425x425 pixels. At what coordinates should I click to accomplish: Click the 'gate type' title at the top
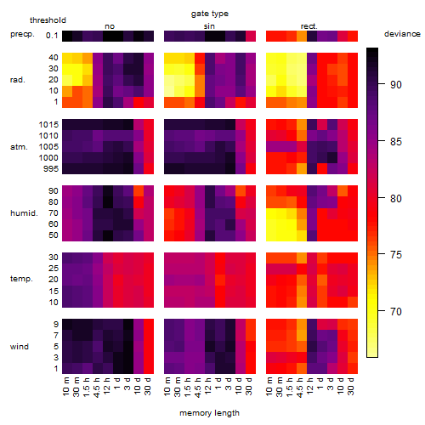[210, 14]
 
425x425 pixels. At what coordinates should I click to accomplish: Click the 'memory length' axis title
[209, 413]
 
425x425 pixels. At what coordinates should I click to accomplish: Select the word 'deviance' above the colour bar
[402, 34]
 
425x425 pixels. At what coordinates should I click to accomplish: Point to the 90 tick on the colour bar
[382, 84]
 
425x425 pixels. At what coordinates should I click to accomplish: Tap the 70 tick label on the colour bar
[396, 312]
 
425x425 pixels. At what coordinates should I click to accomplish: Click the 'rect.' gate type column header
[309, 26]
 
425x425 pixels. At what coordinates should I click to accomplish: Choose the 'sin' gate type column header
[209, 26]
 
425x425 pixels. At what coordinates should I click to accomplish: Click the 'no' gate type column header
[110, 26]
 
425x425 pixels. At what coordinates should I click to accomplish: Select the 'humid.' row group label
[24, 213]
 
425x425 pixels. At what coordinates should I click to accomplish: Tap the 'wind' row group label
[20, 347]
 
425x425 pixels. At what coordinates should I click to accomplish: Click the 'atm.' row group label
[19, 147]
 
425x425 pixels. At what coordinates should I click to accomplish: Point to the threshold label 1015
[48, 125]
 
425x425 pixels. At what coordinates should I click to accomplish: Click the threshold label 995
[51, 169]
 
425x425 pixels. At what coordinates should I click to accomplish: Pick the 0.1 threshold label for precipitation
[52, 36]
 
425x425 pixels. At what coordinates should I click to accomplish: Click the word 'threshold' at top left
[48, 20]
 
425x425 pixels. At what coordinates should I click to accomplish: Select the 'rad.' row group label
[18, 80]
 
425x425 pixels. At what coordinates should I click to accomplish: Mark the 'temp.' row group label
[21, 279]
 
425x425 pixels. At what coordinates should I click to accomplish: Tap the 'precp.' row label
[22, 34]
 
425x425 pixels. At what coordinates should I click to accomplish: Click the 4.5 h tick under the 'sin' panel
[198, 388]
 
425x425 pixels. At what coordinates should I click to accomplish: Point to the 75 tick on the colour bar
[382, 254]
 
